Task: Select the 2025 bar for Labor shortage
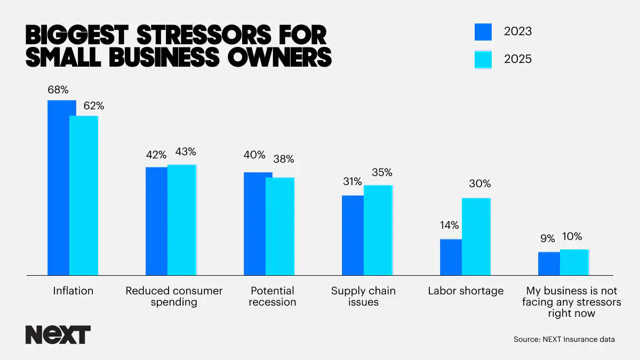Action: click(476, 237)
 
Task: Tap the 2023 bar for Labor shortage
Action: click(451, 257)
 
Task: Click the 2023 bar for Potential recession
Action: click(254, 224)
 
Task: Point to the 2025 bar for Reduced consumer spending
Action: click(182, 220)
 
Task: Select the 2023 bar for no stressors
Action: click(549, 263)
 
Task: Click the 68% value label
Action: click(58, 90)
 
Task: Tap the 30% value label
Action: click(479, 184)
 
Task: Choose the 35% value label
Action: click(381, 172)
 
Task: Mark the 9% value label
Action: click(547, 238)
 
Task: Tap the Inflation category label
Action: click(73, 291)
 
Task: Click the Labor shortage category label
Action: click(466, 291)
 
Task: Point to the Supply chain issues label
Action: click(363, 297)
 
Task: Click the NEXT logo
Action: click(58, 334)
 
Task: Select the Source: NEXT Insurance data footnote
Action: click(564, 339)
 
